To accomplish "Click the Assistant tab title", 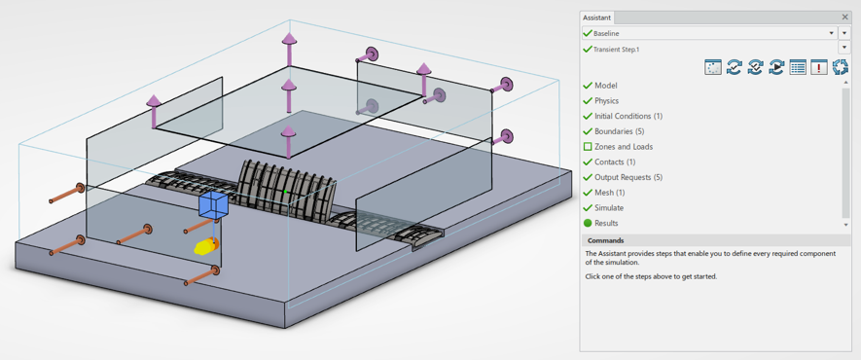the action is [x=596, y=18].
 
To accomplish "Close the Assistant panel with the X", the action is [x=845, y=18].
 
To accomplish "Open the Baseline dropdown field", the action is [x=709, y=33].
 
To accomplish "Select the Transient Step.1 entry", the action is [x=616, y=50].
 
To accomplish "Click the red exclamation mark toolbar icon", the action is [x=819, y=67].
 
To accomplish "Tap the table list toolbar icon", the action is [x=798, y=67].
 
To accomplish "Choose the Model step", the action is [x=606, y=86].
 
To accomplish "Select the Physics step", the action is [x=606, y=101].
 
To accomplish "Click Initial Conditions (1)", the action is [x=628, y=117].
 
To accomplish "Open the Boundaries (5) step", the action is [x=619, y=131].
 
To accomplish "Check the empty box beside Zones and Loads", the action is [x=588, y=147].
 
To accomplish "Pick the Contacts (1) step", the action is [x=616, y=162].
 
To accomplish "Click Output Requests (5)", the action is [x=628, y=178].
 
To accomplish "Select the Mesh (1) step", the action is [x=609, y=193].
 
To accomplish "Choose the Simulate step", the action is [x=609, y=208].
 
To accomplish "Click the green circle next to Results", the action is [x=588, y=224].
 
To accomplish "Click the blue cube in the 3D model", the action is [x=213, y=205].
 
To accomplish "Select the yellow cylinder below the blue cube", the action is [x=206, y=246].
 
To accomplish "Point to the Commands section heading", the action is [x=606, y=240].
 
